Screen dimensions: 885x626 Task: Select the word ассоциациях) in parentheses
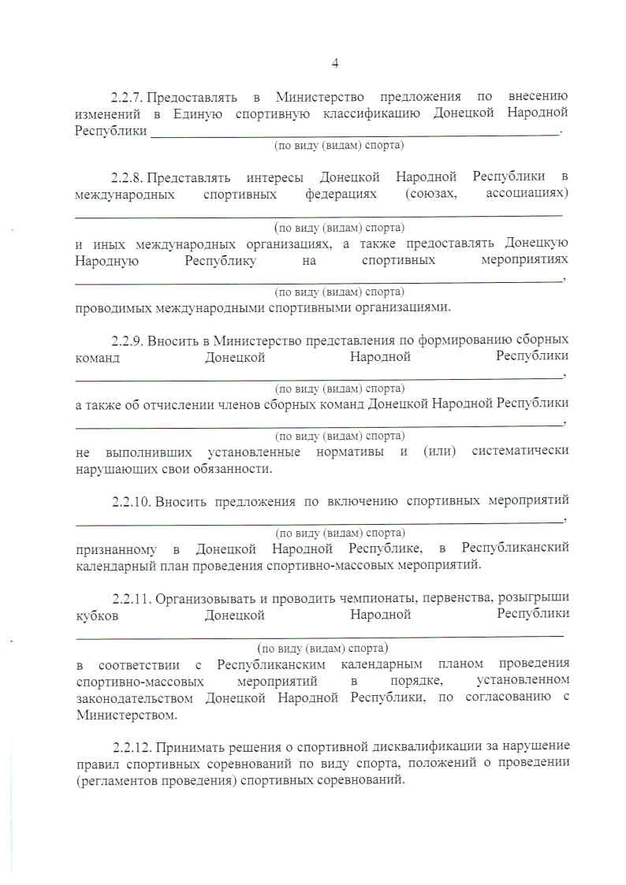tap(524, 193)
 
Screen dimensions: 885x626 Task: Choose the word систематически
tap(520, 452)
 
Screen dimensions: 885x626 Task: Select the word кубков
tap(96, 615)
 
